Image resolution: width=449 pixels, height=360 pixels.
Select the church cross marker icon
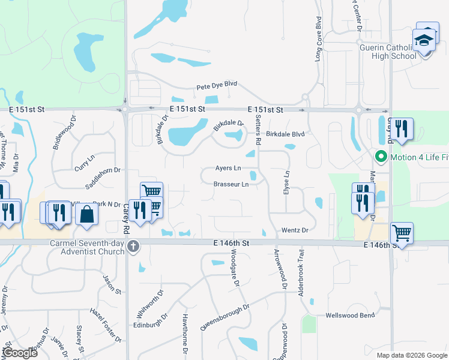point(133,246)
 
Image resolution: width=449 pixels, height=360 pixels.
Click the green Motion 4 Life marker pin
point(379,158)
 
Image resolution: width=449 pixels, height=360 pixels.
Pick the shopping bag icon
point(87,214)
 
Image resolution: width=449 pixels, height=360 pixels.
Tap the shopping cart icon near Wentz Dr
point(401,232)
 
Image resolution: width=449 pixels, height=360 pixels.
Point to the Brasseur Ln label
point(231,184)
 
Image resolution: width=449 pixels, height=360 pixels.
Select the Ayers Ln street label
point(228,168)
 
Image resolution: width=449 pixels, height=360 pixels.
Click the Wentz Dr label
point(294,230)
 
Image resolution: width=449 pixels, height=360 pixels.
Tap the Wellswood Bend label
point(350,316)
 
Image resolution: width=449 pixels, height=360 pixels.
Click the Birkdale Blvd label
point(286,134)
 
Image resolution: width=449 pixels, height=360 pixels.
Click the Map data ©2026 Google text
point(412,355)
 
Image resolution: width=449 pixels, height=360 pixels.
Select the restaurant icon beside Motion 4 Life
point(402,129)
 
